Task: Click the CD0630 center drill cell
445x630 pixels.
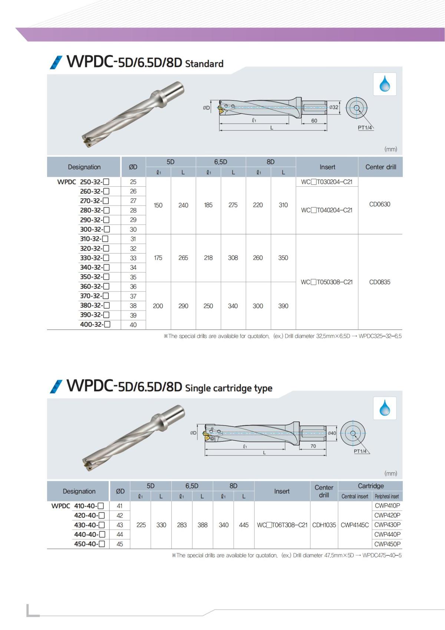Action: (x=379, y=204)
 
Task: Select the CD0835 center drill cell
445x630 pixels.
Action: (x=379, y=282)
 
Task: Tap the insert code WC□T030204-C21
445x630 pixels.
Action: (x=326, y=182)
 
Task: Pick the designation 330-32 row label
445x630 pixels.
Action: (x=95, y=258)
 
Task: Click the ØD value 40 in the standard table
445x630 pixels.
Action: (x=133, y=325)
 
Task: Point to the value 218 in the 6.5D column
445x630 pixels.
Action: (x=208, y=258)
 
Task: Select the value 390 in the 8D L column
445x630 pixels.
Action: (x=283, y=306)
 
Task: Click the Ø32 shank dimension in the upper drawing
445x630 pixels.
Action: (x=334, y=107)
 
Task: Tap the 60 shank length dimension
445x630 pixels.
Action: (x=314, y=121)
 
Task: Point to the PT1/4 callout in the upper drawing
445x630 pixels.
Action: (x=365, y=128)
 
